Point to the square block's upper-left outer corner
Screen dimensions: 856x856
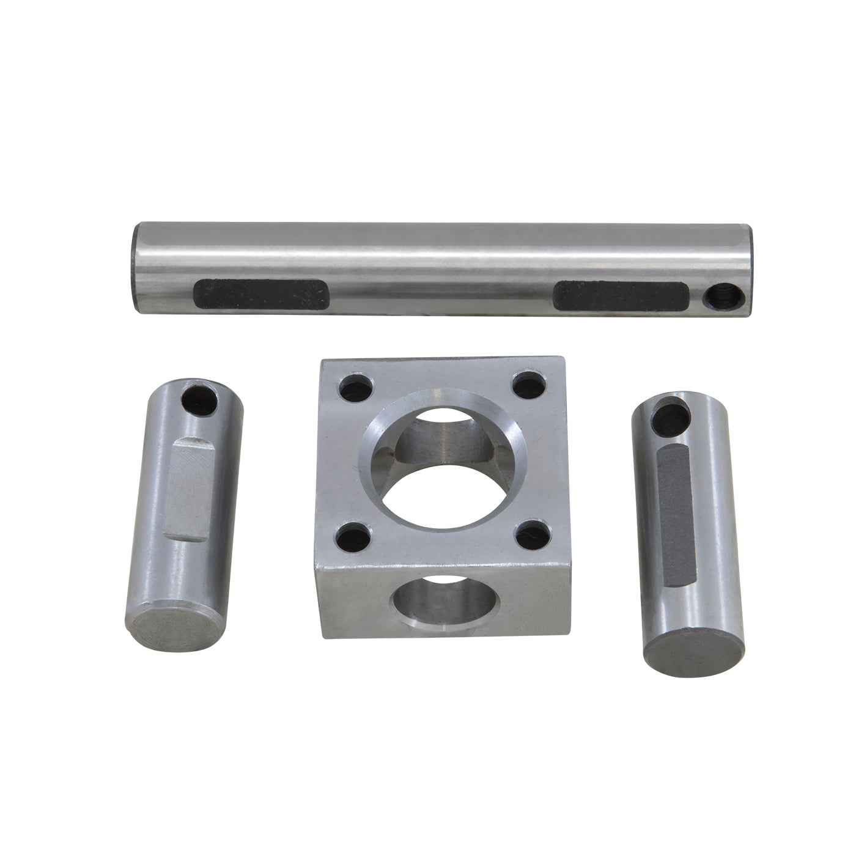323,362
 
